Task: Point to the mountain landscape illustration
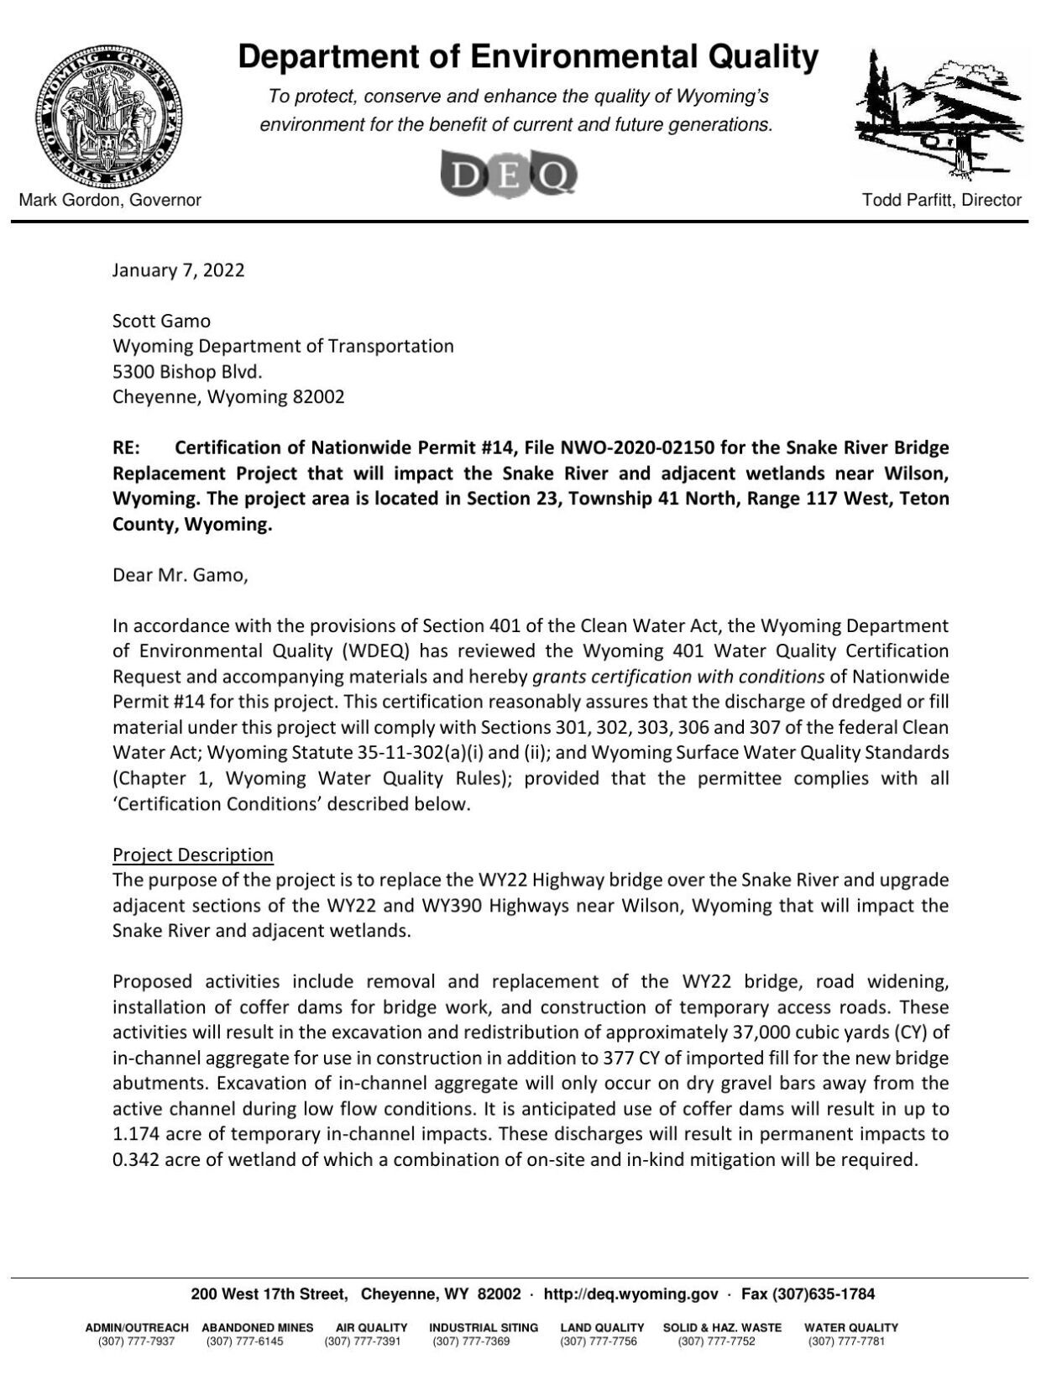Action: (x=940, y=115)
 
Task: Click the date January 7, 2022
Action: (x=178, y=270)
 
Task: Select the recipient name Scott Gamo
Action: (x=161, y=321)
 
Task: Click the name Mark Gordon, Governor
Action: (x=110, y=200)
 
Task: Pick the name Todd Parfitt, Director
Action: (x=941, y=200)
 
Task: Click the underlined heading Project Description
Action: (x=193, y=855)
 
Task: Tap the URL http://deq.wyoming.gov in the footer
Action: (x=630, y=1294)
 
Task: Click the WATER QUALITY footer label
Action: (x=850, y=1327)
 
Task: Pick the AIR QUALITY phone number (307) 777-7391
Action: (x=363, y=1341)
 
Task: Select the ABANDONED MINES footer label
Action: (x=257, y=1327)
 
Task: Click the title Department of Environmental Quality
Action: (x=528, y=57)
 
